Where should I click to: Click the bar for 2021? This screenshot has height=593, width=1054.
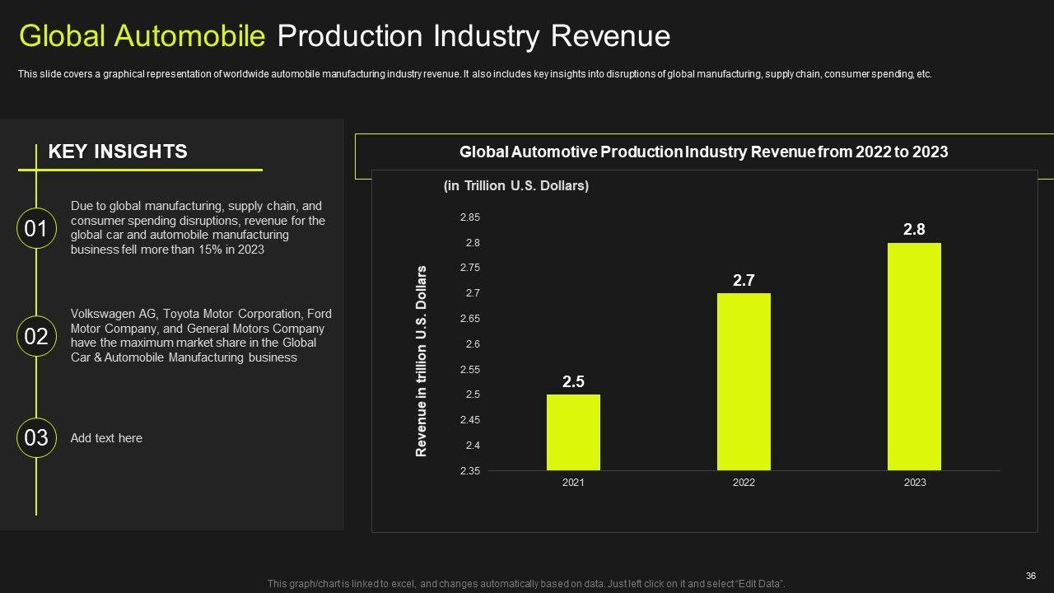point(573,432)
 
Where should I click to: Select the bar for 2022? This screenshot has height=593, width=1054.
point(744,381)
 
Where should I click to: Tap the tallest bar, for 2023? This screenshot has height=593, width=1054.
point(914,357)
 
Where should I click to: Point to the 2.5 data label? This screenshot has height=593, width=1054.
point(573,382)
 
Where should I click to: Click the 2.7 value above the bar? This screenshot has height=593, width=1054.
point(744,281)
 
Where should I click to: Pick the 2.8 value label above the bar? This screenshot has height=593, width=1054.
point(914,230)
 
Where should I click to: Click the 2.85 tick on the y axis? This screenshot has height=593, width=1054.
point(469,217)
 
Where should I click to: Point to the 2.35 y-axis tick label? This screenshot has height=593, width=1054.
point(469,471)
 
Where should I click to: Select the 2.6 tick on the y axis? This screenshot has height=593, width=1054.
point(472,344)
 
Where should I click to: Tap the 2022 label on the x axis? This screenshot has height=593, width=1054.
point(744,483)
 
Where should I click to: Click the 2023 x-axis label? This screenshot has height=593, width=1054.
point(915,483)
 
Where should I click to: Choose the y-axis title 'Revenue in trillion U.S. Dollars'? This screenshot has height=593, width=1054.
point(422,361)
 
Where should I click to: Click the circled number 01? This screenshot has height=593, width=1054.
point(36,229)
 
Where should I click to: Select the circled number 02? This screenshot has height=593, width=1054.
point(36,336)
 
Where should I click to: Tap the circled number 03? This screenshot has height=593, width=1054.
point(36,438)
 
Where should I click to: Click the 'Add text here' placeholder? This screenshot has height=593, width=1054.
point(106,438)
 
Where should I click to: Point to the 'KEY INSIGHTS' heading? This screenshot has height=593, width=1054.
point(118,152)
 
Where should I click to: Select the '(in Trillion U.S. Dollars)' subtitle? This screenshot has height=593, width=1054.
point(516,186)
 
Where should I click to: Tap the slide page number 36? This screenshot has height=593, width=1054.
point(1030,575)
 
